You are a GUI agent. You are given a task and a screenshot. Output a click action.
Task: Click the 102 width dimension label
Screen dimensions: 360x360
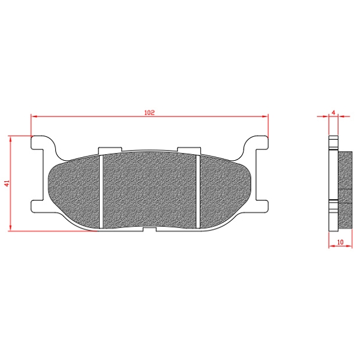(x=149, y=113)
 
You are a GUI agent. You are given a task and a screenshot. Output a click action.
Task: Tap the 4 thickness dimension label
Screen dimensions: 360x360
(x=334, y=113)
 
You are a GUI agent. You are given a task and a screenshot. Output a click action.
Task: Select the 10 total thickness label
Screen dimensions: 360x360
(x=340, y=242)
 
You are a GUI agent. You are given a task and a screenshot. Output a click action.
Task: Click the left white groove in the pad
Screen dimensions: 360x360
(x=101, y=191)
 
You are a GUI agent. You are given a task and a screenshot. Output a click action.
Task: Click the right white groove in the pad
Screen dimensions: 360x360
(x=198, y=191)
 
